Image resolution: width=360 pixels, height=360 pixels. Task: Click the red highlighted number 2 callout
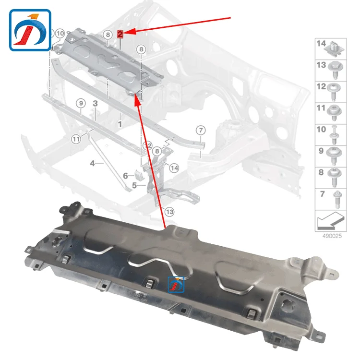tap(120, 34)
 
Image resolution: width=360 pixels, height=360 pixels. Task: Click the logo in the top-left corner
tap(30, 30)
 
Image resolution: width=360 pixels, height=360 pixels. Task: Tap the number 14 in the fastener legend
tap(321, 44)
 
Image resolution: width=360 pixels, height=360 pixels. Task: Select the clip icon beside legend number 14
tap(335, 47)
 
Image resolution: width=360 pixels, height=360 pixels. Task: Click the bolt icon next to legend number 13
tap(335, 70)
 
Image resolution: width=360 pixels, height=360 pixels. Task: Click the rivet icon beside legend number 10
tap(335, 133)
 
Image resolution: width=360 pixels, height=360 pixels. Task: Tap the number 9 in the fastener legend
tap(321, 151)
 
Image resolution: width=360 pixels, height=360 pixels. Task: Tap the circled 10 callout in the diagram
tap(59, 34)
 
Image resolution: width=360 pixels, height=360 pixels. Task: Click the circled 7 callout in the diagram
tap(200, 130)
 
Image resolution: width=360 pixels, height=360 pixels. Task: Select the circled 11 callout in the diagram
tap(76, 139)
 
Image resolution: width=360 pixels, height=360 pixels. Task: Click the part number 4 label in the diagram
tap(92, 164)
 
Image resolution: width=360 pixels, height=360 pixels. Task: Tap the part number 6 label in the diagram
tap(125, 176)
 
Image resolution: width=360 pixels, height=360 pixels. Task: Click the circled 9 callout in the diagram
tap(81, 103)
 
